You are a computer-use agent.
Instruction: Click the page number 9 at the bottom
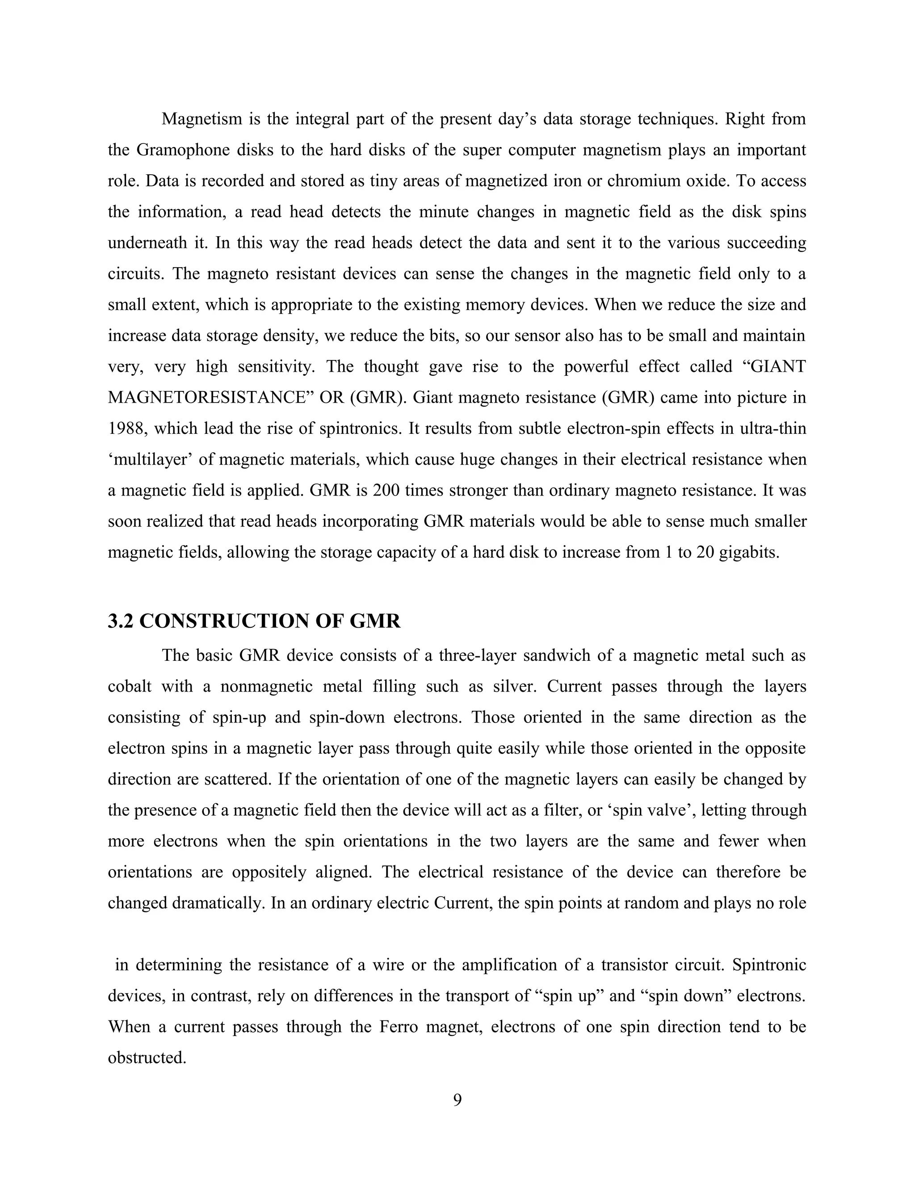457,1100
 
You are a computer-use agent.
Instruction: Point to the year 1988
127,429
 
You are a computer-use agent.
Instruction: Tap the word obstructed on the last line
147,1058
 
